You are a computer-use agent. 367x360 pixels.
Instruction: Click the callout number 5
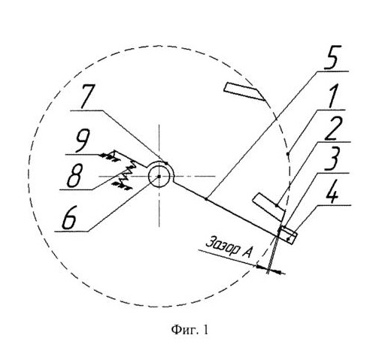tap(332, 57)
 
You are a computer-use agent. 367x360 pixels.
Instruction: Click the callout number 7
tap(86, 97)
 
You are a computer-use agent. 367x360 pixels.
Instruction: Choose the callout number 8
tap(74, 176)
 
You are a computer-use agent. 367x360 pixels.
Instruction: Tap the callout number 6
tap(69, 218)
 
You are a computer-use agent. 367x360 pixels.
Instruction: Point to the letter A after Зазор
tap(247, 252)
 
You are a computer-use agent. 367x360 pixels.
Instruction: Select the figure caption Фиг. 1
tap(190, 330)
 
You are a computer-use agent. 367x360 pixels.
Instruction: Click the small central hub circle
tap(159, 177)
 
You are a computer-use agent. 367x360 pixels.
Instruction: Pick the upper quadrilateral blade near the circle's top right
tap(244, 91)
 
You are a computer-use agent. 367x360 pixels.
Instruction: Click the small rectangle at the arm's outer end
tap(288, 234)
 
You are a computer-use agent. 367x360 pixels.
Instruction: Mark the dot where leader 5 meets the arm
tap(206, 199)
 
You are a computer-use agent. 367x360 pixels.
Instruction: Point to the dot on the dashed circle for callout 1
tap(288, 153)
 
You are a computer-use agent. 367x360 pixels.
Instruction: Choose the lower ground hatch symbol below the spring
tap(122, 186)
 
